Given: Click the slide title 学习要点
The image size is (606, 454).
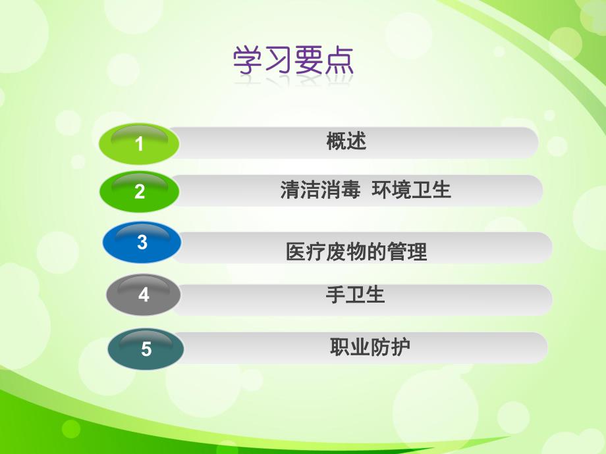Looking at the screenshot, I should pyautogui.click(x=294, y=61).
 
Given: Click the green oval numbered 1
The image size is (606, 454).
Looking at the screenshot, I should pyautogui.click(x=139, y=143).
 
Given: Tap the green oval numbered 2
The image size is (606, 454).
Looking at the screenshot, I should pyautogui.click(x=140, y=191).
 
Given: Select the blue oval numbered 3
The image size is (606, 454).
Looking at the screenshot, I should pyautogui.click(x=142, y=242).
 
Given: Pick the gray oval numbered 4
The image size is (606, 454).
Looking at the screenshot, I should pyautogui.click(x=144, y=295).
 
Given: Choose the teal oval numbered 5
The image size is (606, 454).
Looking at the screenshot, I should pyautogui.click(x=146, y=348).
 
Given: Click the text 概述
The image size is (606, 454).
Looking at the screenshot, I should pyautogui.click(x=346, y=141).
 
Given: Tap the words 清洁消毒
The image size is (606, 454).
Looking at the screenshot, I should pyautogui.click(x=320, y=191).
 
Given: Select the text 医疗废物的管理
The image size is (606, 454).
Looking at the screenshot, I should pyautogui.click(x=356, y=251).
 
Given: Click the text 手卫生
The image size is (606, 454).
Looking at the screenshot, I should pyautogui.click(x=355, y=295).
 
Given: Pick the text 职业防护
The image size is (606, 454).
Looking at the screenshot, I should pyautogui.click(x=370, y=347).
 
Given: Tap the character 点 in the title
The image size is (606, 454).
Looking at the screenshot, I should pyautogui.click(x=339, y=61).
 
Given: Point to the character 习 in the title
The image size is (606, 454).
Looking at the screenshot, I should pyautogui.click(x=279, y=61).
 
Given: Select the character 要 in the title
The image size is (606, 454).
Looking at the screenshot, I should pyautogui.click(x=309, y=61).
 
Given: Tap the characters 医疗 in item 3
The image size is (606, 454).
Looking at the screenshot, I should pyautogui.click(x=305, y=251).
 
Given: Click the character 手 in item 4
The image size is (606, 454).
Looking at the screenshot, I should pyautogui.click(x=336, y=295).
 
